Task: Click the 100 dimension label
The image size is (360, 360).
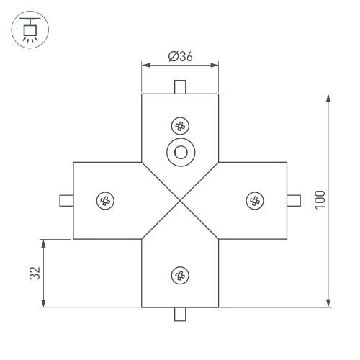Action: [320, 199]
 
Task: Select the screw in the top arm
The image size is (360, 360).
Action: [180, 126]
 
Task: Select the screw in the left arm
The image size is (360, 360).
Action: [105, 200]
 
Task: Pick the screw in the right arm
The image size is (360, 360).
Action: [254, 200]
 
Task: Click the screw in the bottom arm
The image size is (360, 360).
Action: [180, 274]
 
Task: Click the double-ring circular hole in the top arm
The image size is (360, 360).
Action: [180, 152]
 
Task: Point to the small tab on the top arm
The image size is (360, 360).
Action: [180, 87]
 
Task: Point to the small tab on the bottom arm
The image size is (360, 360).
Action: [180, 313]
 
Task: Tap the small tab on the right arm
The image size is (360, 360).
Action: [294, 200]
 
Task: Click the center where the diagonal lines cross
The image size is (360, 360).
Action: [180, 200]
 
